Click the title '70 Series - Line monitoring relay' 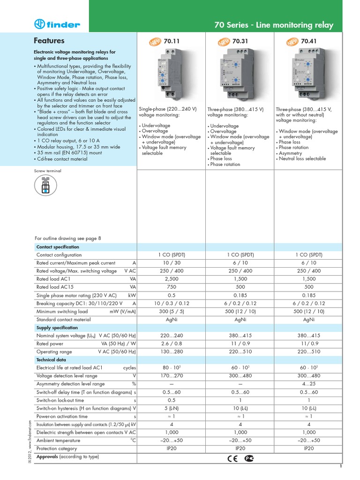(273, 25)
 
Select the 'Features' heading (49, 41)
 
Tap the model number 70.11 (172, 41)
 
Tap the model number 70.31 (240, 41)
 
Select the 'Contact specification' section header (58, 247)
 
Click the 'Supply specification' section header (57, 328)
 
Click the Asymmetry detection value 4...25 (308, 384)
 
